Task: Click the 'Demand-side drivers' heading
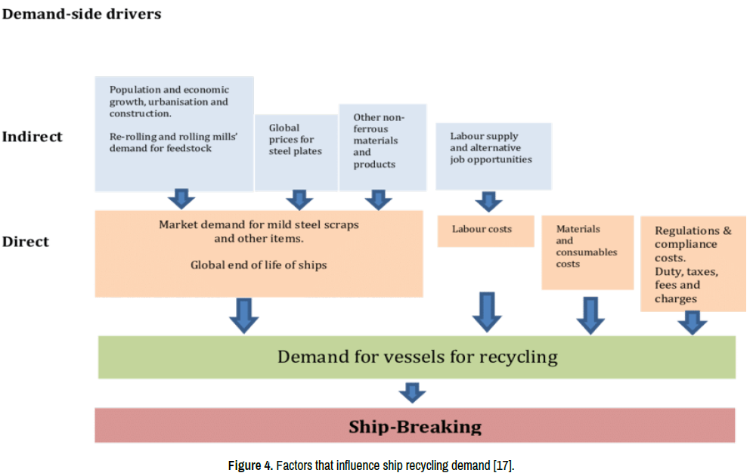click(x=82, y=14)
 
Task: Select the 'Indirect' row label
click(x=32, y=137)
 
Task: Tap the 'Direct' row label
click(x=25, y=242)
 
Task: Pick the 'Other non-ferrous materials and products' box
click(x=382, y=147)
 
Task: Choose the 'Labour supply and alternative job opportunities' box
click(x=493, y=156)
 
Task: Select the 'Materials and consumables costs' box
click(x=587, y=252)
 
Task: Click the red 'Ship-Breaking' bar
click(x=414, y=426)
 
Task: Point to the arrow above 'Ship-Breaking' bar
click(x=412, y=393)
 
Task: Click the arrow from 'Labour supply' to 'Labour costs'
click(x=488, y=202)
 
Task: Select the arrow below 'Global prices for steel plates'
click(x=300, y=199)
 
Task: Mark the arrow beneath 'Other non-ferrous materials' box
click(x=378, y=199)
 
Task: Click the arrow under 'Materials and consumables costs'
click(x=590, y=315)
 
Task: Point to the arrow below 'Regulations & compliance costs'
click(x=692, y=323)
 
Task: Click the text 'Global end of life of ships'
click(x=259, y=265)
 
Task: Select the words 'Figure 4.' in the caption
click(x=250, y=465)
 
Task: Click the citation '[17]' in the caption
click(x=503, y=465)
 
